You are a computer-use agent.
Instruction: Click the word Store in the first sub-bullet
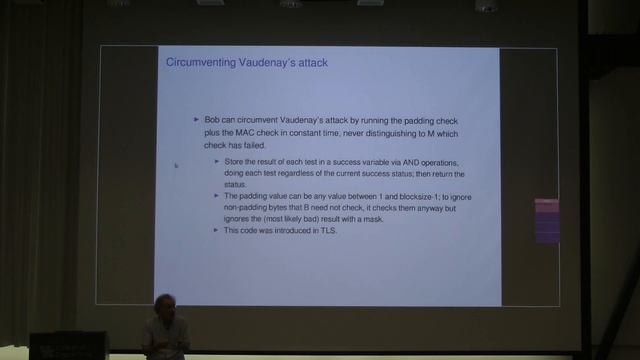(x=234, y=162)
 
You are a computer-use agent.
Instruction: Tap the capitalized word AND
(x=404, y=162)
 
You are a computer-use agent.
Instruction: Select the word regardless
(x=315, y=173)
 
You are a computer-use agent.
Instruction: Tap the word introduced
(x=292, y=231)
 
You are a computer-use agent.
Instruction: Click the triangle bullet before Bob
(x=197, y=120)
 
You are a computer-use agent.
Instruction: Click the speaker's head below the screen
(x=163, y=305)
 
